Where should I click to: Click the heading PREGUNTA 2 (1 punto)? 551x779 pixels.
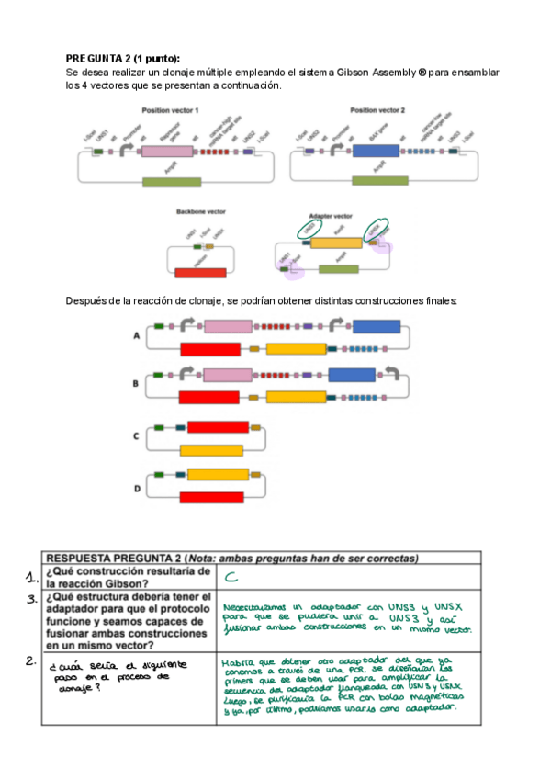[122, 57]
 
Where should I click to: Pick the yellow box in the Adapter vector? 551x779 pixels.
[337, 243]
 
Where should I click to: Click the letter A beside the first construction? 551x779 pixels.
[137, 337]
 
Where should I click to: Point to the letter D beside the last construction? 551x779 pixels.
[137, 488]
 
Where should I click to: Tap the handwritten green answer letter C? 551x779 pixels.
[231, 577]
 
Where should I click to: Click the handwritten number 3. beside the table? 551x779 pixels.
[31, 599]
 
